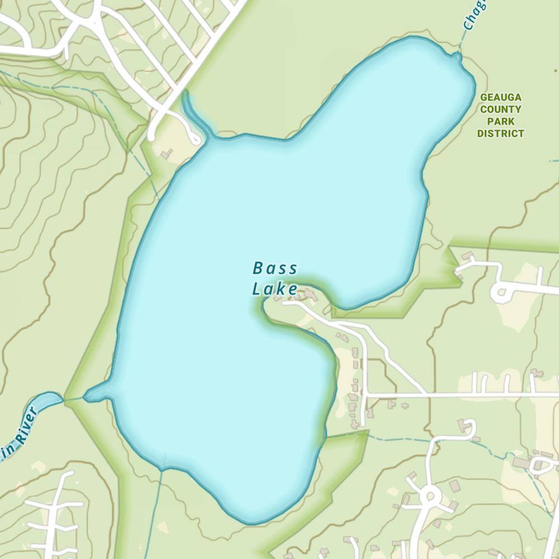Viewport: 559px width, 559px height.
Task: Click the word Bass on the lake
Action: (275, 269)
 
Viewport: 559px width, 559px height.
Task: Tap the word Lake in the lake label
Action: (274, 290)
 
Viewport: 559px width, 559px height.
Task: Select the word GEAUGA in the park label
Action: (501, 97)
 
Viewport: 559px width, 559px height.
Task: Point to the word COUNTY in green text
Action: (501, 110)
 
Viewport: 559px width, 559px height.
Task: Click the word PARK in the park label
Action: (501, 121)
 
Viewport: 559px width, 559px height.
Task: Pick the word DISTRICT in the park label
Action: (501, 134)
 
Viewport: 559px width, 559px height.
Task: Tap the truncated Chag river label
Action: (474, 15)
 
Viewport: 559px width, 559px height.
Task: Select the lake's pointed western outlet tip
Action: (88, 397)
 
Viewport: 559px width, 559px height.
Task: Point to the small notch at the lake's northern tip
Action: (458, 56)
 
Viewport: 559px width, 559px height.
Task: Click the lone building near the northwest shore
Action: (166, 153)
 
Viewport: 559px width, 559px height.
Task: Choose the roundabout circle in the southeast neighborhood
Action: (429, 495)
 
